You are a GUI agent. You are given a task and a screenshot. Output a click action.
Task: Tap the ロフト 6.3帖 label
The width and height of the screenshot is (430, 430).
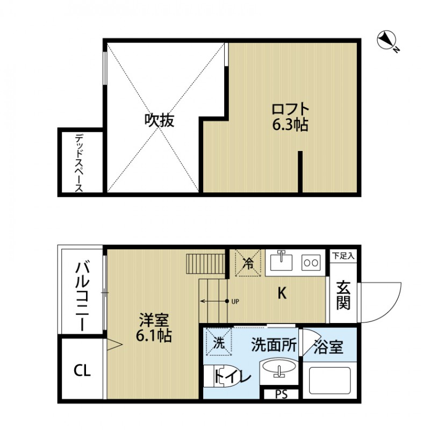[290, 117]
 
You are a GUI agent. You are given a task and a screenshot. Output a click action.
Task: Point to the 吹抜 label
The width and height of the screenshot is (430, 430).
[160, 120]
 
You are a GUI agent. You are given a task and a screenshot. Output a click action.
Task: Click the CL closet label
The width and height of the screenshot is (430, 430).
[82, 370]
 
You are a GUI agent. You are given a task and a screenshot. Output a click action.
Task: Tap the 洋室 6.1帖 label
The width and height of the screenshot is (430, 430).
[154, 328]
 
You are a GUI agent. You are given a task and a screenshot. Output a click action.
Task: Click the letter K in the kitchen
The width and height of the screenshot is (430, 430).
[281, 293]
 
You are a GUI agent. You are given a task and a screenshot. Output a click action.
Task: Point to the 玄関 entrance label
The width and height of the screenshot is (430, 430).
[343, 296]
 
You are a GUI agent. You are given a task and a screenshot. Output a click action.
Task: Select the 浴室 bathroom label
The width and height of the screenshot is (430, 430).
[329, 347]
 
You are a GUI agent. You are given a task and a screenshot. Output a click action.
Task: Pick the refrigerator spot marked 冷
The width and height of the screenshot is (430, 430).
[248, 263]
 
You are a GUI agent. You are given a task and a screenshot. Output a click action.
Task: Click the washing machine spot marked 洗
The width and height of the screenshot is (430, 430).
[219, 342]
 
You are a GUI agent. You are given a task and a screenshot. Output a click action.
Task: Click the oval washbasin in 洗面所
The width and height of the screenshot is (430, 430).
[278, 371]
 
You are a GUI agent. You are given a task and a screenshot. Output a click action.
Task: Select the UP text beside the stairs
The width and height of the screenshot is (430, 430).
[235, 301]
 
